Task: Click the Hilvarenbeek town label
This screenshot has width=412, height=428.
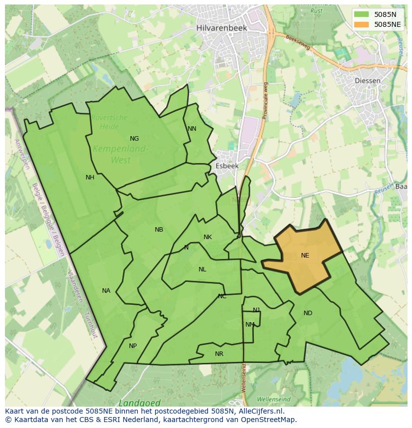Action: [x=221, y=28]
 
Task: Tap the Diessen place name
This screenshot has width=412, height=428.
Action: [x=368, y=81]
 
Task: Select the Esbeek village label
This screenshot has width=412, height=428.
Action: [x=227, y=166]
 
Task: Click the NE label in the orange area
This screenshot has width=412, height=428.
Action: [x=305, y=256]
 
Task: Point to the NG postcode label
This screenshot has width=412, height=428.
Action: [x=134, y=139]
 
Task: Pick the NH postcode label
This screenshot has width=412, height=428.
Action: [x=90, y=177]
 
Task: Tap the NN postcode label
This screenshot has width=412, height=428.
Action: [x=192, y=129]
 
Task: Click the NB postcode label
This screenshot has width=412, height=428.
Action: [x=159, y=230]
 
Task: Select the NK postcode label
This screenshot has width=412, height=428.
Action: [x=207, y=237]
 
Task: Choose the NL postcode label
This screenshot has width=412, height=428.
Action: [x=202, y=269]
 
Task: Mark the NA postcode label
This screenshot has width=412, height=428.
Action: [x=106, y=291]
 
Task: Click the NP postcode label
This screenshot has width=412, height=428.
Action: [x=133, y=346]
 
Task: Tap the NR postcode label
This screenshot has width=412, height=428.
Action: [x=219, y=354]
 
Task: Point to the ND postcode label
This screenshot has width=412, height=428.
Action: [x=308, y=313]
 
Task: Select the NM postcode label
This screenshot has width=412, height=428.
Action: [x=250, y=325]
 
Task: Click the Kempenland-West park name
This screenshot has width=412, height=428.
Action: [x=120, y=154]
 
